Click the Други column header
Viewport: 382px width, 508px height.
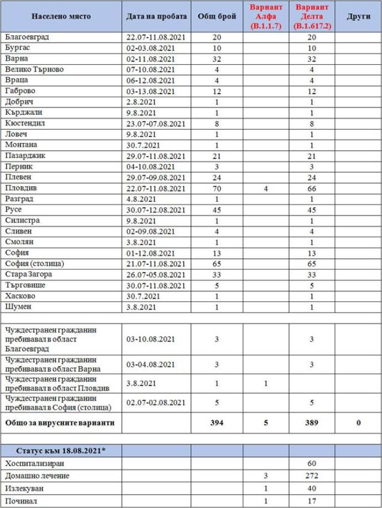coord(358,17)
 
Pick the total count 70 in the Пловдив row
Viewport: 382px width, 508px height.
coord(218,188)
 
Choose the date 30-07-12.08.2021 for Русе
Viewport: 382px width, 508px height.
coord(156,209)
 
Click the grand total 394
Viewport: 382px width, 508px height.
coord(218,423)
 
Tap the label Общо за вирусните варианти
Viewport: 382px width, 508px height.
coord(60,423)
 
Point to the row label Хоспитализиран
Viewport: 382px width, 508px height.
coord(34,462)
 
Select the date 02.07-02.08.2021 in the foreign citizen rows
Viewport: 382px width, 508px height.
coord(156,403)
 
